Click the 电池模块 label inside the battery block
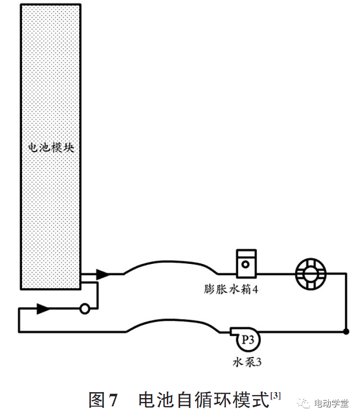point(51,147)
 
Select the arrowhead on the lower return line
point(43,309)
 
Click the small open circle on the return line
point(85,309)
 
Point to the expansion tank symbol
point(246,264)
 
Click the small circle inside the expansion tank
point(245,264)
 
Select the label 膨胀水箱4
point(231,289)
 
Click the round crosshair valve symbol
point(311,274)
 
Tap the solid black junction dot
point(346,332)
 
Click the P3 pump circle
point(248,340)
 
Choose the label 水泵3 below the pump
point(247,362)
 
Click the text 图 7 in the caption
point(103,400)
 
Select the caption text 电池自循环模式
point(203,400)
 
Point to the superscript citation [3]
point(276,395)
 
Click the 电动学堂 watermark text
point(331,403)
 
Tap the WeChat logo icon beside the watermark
point(304,403)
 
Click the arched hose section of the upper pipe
point(171,262)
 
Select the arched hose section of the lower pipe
point(172,319)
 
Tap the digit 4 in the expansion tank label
point(255,289)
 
